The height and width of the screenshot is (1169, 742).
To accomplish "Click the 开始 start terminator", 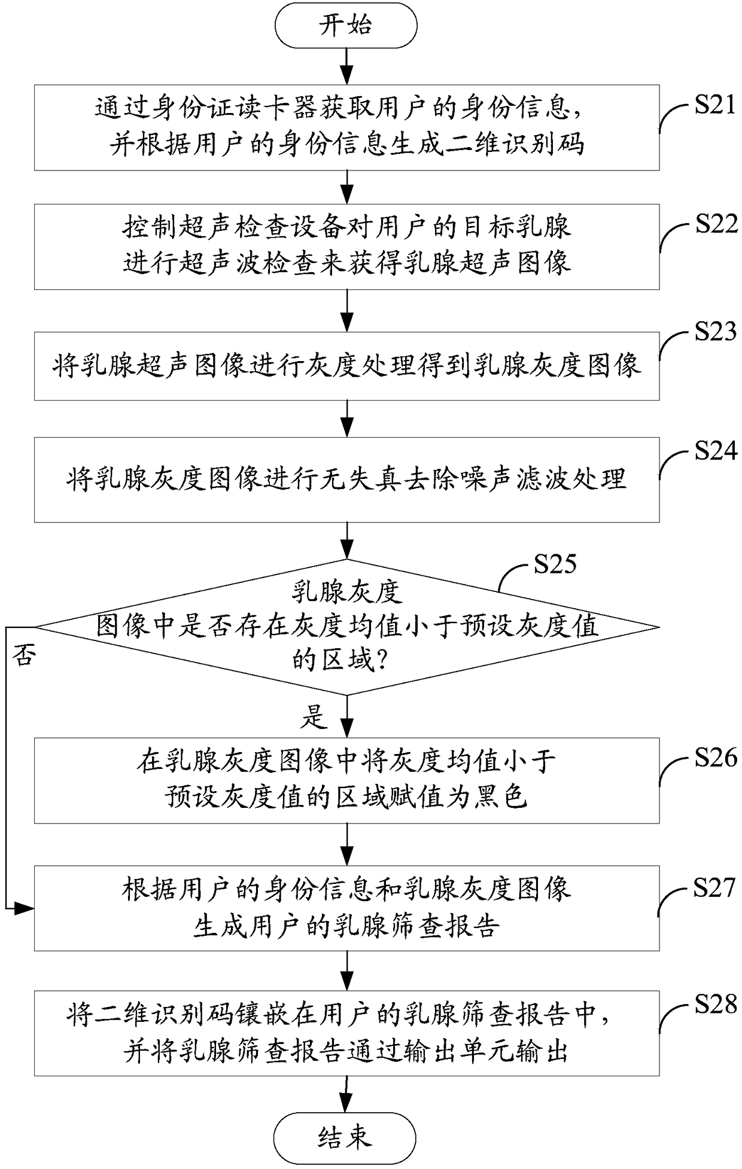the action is (345, 26).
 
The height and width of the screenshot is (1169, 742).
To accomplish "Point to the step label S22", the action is (716, 224).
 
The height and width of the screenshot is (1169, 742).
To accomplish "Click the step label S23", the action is (716, 331).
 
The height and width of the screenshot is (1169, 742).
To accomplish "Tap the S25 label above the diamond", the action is (555, 564).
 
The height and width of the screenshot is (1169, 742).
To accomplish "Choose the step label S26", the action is (716, 758).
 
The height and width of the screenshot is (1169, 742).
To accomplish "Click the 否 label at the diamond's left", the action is (25, 655).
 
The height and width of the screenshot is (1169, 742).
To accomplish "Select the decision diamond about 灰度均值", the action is (347, 627).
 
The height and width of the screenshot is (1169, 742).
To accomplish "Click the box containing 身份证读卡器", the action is (347, 127).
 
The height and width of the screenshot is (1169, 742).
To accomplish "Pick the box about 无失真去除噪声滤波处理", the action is (347, 480).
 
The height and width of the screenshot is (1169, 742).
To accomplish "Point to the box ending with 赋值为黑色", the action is (347, 780).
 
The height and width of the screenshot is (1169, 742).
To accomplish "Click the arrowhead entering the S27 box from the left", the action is (25, 909).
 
